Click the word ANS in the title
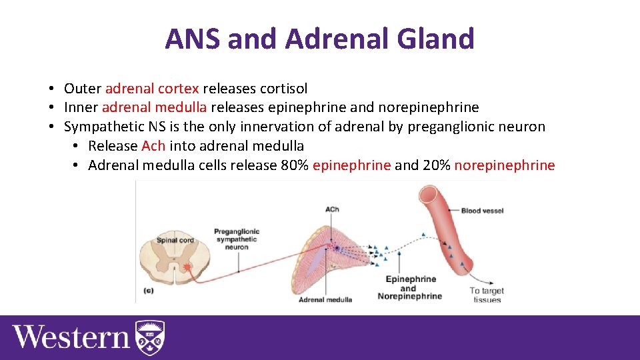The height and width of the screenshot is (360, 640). pos(193,39)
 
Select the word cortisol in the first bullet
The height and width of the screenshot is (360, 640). pos(283,88)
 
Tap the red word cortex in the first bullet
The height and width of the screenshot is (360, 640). pos(180,88)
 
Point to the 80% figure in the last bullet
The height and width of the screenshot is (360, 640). pos(295,165)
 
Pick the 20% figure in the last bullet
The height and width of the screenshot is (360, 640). pos(436,165)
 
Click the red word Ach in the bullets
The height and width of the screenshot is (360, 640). pos(153,146)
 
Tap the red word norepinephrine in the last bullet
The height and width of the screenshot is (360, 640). pos(504,165)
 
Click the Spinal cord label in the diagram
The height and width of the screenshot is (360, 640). pos(175,240)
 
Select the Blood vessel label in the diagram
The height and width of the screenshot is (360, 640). pos(482,211)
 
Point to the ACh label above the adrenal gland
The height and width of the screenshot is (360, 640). pos(332,209)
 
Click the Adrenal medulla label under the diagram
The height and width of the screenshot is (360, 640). pos(325,299)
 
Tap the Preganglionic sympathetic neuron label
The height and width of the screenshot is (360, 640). pos(237,239)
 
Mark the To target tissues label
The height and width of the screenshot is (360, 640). pos(487,295)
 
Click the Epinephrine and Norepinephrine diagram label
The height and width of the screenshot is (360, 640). pos(410,287)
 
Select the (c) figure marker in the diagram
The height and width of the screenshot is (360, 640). pos(148,291)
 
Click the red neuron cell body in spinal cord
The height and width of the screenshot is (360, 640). pos(187,268)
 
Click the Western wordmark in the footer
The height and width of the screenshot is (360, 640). pos(71,336)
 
